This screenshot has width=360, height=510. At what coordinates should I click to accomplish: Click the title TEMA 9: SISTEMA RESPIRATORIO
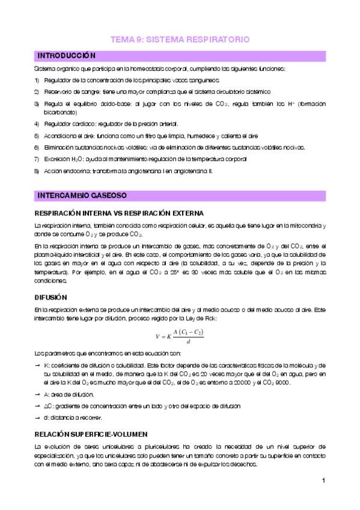180,40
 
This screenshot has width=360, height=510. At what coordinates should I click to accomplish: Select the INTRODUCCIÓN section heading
67,56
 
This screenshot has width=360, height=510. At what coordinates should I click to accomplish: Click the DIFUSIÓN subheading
51,297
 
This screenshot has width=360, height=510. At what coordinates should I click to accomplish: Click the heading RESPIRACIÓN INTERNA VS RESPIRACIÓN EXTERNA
119,214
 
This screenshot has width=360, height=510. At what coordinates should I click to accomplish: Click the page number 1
323,481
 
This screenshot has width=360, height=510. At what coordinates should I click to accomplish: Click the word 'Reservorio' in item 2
59,91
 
